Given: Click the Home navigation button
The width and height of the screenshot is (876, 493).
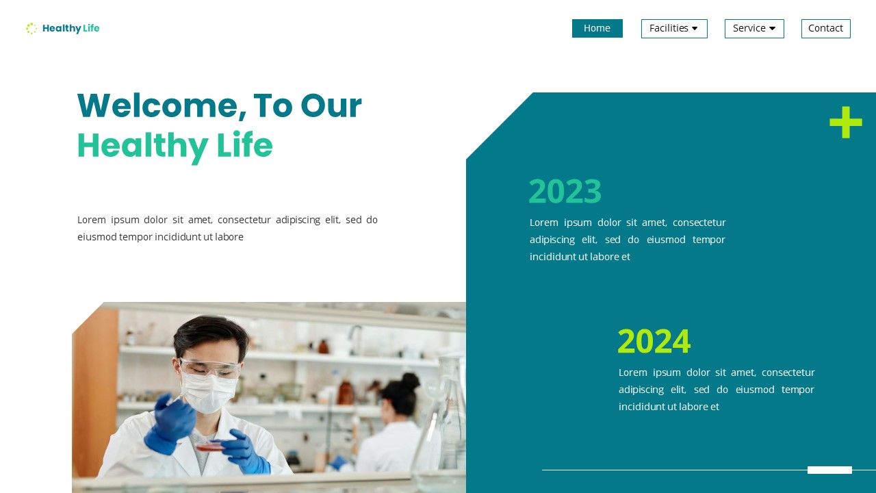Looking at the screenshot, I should (597, 28).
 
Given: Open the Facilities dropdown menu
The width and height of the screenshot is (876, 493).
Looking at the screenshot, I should (673, 28).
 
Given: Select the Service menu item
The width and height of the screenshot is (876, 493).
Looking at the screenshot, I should (753, 28).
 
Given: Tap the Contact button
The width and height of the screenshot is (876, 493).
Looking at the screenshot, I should (825, 28).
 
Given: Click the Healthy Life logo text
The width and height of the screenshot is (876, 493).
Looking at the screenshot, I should (70, 28).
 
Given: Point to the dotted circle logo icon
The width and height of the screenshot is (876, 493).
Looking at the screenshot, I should (31, 28).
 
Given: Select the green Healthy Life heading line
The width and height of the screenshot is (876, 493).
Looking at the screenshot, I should (175, 146).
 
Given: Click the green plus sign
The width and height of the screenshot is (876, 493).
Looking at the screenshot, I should (845, 123).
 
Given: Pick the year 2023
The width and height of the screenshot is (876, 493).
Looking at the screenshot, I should (565, 191).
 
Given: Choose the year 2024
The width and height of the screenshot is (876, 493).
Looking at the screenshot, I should (654, 341).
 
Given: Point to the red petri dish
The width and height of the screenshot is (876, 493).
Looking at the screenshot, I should (210, 446).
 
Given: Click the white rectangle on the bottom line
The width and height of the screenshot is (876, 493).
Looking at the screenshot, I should (829, 470).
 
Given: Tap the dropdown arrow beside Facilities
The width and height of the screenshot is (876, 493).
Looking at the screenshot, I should (695, 29).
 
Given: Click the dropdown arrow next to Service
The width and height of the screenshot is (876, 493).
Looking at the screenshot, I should (772, 29).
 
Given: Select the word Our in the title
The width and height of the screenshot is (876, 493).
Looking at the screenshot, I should (331, 106).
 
